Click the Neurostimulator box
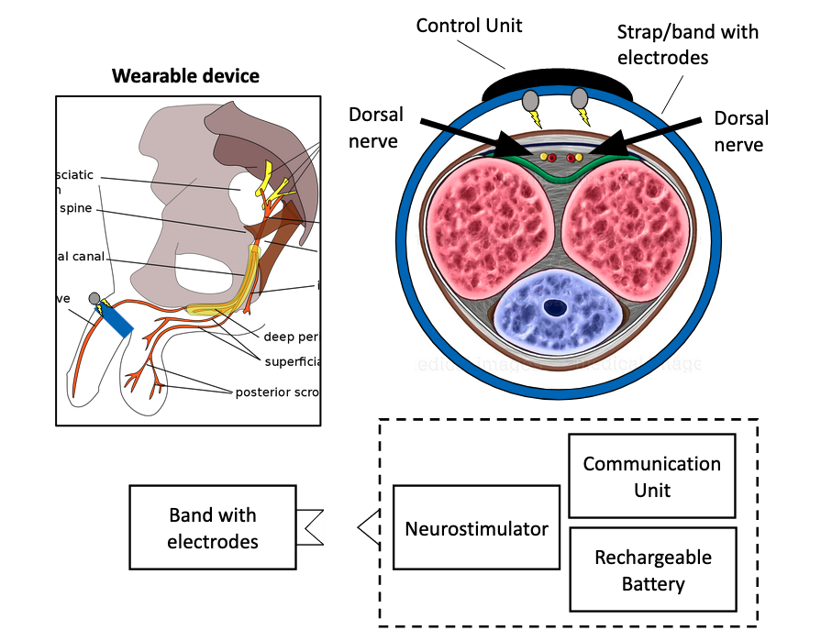click(x=477, y=528)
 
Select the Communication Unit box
click(x=652, y=476)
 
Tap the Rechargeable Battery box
click(x=652, y=569)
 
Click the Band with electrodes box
click(x=213, y=528)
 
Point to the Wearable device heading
click(x=185, y=75)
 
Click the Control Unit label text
click(x=469, y=25)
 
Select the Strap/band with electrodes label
click(x=688, y=44)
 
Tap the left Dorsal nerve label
click(x=375, y=127)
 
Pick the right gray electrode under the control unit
click(x=580, y=99)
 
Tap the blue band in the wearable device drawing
click(x=116, y=318)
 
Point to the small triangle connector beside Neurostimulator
click(x=368, y=527)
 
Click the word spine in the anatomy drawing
click(x=76, y=207)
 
